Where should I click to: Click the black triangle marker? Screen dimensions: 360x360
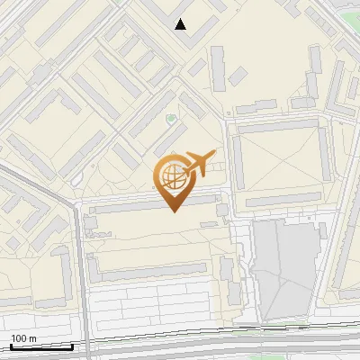point(181,24)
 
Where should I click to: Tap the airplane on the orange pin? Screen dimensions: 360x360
point(200,163)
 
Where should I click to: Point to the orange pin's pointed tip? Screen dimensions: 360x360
point(172,211)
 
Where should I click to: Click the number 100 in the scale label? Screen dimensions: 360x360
point(19,338)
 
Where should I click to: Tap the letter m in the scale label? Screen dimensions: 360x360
point(33,338)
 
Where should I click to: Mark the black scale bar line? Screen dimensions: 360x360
point(40,346)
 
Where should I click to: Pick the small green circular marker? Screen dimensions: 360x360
point(171,119)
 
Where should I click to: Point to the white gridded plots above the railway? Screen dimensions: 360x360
point(153,310)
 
